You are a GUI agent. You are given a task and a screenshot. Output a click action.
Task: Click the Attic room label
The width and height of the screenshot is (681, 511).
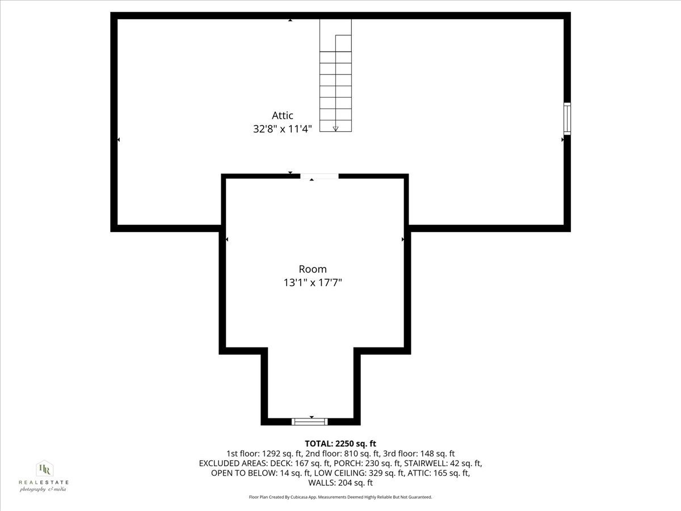282,116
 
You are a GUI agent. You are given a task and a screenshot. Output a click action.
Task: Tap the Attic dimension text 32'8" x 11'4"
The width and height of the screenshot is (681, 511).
282,129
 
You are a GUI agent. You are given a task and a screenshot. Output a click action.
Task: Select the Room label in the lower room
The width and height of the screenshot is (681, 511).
313,269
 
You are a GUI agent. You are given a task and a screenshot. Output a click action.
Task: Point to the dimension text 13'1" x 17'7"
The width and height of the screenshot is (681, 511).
313,282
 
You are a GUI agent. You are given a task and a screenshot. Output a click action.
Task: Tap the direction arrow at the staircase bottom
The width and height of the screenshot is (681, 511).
335,127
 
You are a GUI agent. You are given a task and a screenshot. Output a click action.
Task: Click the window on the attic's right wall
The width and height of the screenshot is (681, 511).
566,118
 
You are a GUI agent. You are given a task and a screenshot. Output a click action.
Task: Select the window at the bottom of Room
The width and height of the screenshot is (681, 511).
310,421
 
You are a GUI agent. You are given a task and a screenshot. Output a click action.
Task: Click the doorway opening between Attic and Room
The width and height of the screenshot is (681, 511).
319,177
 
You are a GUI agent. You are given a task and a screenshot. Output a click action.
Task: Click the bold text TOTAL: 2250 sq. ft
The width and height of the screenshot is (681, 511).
340,443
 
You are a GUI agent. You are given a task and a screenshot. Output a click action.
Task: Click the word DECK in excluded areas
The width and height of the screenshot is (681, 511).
279,463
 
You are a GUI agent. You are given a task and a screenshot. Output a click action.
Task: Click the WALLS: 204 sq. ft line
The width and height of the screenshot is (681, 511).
340,483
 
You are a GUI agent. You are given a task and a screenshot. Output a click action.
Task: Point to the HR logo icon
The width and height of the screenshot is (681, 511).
44,469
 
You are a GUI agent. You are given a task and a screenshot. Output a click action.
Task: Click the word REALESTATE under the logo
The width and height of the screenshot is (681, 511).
44,482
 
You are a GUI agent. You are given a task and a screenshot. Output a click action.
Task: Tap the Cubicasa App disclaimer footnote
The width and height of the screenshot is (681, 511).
340,497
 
